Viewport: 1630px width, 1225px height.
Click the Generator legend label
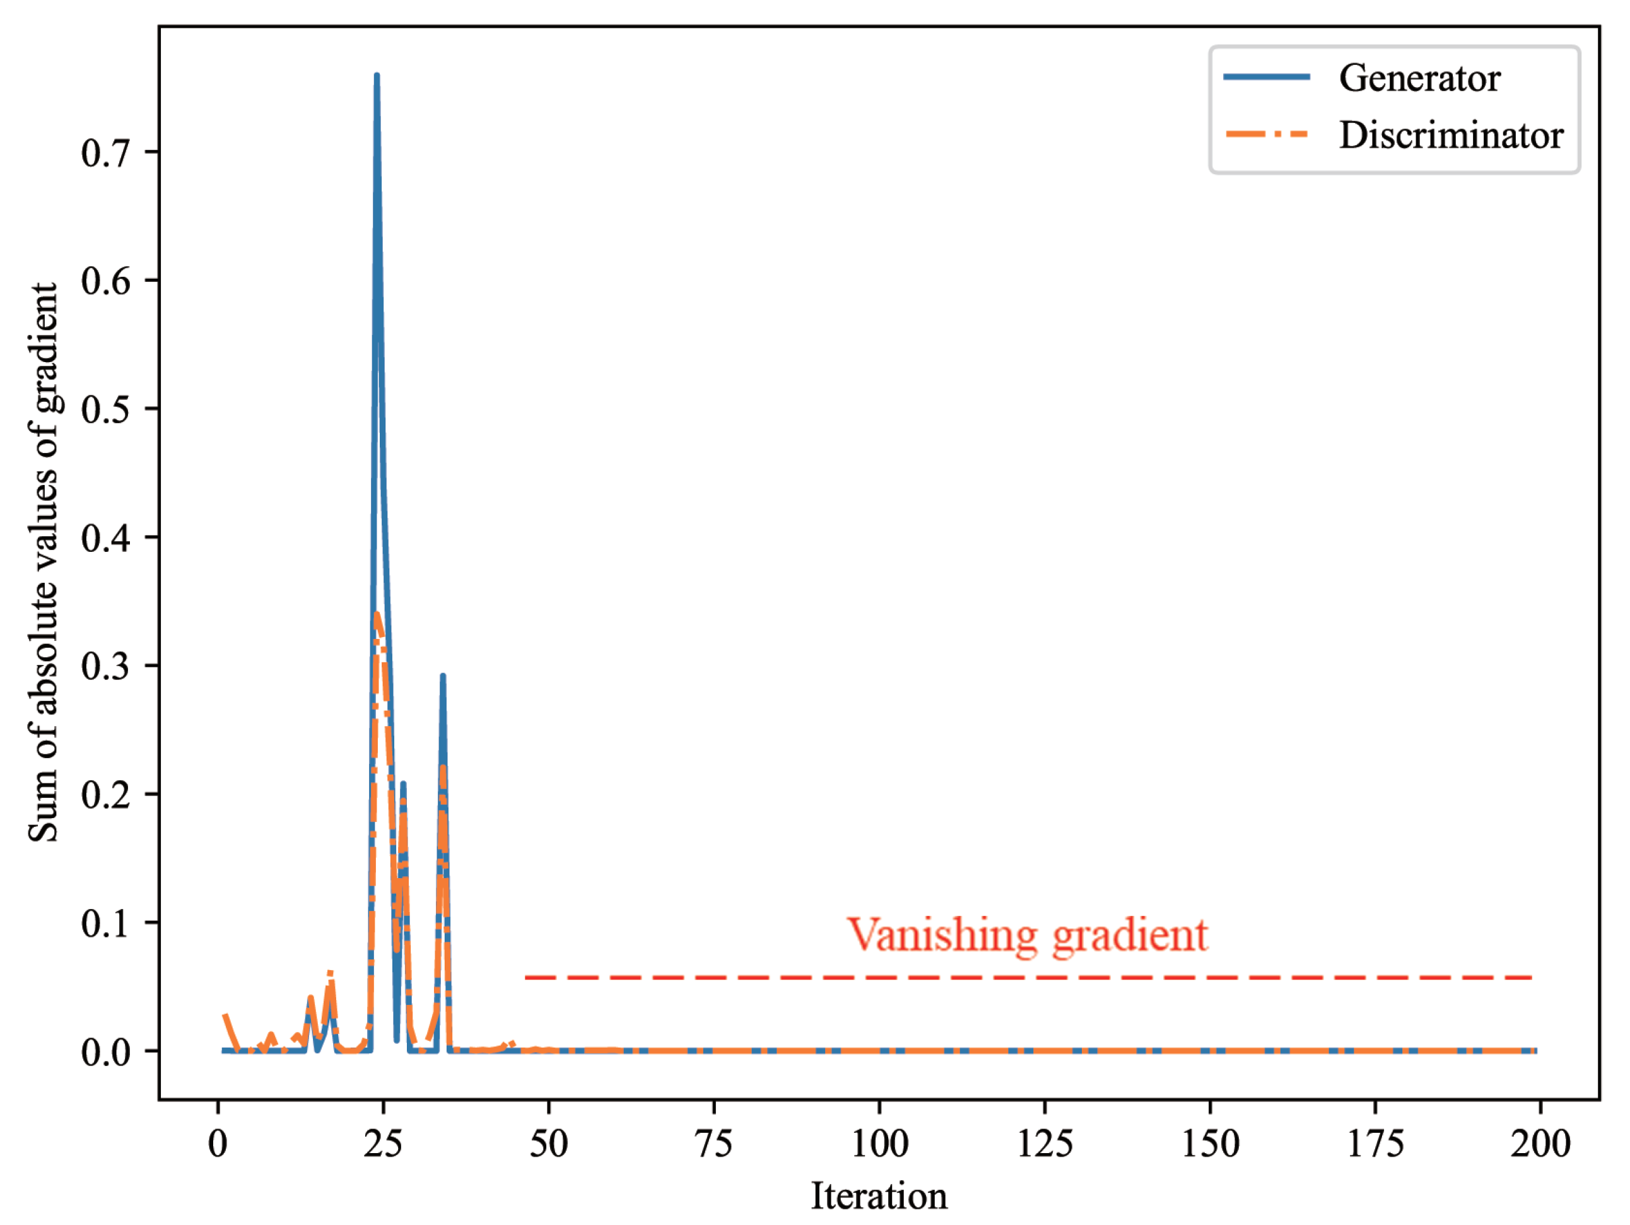coord(1419,78)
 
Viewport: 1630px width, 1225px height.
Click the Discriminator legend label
coord(1450,136)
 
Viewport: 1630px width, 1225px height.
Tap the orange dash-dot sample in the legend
coord(1266,134)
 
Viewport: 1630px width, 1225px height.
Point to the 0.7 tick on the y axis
coord(105,153)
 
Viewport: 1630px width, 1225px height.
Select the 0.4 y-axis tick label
coord(105,539)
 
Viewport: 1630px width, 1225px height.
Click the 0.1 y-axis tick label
coord(105,923)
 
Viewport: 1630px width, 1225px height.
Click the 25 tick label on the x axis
coord(383,1144)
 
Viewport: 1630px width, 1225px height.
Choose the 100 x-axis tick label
coord(879,1144)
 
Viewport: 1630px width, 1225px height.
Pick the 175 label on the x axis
coord(1375,1144)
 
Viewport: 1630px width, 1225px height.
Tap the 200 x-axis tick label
coord(1540,1144)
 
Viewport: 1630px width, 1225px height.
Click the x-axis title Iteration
coord(879,1195)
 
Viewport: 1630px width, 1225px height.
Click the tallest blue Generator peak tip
coord(377,75)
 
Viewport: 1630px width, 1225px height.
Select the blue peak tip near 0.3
coord(442,676)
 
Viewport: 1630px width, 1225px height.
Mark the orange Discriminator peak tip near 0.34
coord(377,614)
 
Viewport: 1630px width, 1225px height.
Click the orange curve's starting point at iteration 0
coord(225,1016)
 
